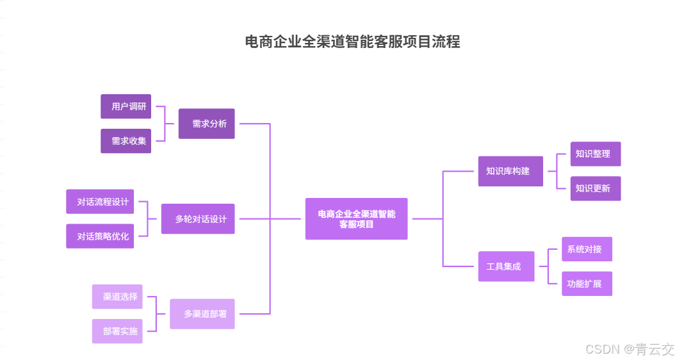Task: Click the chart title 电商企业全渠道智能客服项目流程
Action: coord(352,42)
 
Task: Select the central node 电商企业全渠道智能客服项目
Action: coord(356,219)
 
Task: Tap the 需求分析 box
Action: coord(207,124)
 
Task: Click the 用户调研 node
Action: coord(126,106)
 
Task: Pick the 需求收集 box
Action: coord(126,141)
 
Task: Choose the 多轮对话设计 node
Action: coord(198,219)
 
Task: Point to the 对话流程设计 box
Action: coord(100,202)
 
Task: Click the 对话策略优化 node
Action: coord(100,236)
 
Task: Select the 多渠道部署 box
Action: coord(202,314)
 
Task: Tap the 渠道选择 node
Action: coord(117,297)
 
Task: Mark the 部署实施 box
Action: coord(117,331)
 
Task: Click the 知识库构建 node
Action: coord(510,171)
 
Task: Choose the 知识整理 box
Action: coord(596,154)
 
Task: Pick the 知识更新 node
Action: coord(596,188)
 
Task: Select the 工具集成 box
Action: coord(506,266)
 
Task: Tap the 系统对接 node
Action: coord(587,249)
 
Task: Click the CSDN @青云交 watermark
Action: coord(630,349)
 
